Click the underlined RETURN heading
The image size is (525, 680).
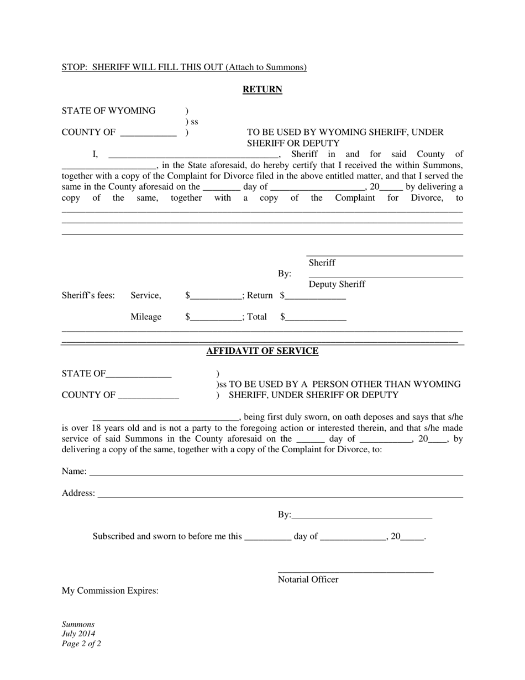(262, 90)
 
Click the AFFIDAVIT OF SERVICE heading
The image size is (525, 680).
(262, 351)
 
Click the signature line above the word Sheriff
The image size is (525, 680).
(385, 255)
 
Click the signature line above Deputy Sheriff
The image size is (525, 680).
(385, 277)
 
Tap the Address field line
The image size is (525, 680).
(280, 496)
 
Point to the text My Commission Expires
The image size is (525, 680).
(110, 590)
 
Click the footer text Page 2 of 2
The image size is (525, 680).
(81, 644)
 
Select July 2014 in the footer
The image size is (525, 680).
(78, 634)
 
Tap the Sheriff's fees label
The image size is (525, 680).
(88, 296)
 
